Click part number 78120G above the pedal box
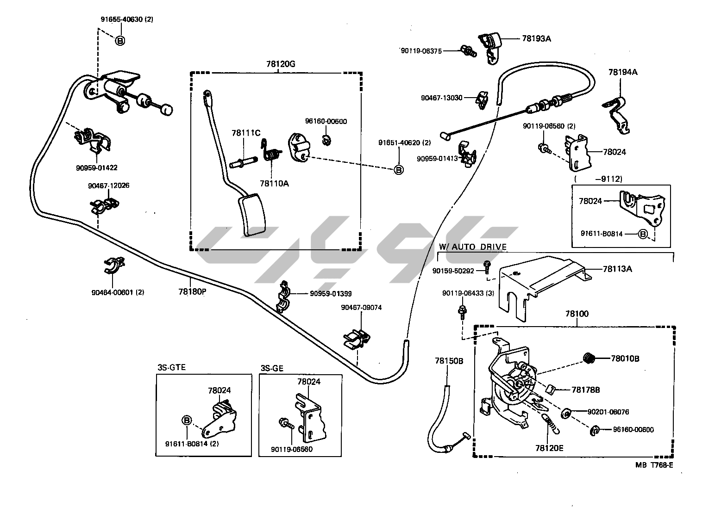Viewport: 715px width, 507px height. point(281,64)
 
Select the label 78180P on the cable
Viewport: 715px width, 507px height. point(192,292)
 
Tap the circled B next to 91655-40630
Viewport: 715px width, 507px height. point(119,41)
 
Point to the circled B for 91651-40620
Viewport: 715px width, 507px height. point(398,170)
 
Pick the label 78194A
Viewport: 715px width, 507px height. point(623,72)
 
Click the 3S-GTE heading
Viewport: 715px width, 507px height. point(171,368)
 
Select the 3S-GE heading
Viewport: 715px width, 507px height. point(272,369)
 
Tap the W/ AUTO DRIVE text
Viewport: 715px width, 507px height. point(472,247)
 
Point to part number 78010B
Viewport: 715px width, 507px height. point(625,358)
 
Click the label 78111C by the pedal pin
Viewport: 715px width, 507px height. point(246,133)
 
